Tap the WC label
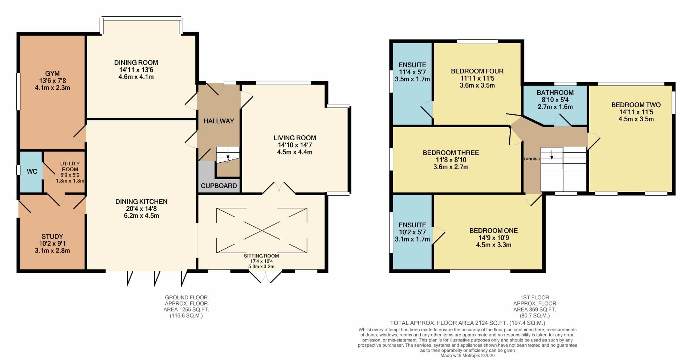32,171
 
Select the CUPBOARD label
219,186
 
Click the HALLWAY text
219,121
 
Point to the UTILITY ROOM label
70,166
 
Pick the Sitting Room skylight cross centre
262,230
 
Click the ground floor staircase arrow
228,157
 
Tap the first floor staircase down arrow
552,155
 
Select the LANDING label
532,159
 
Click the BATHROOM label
555,93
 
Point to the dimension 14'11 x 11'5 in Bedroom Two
636,112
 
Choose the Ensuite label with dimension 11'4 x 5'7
412,65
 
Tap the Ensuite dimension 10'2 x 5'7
412,232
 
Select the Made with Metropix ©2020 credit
467,356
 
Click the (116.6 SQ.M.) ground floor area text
186,316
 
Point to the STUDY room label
52,236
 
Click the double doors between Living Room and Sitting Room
279,188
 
